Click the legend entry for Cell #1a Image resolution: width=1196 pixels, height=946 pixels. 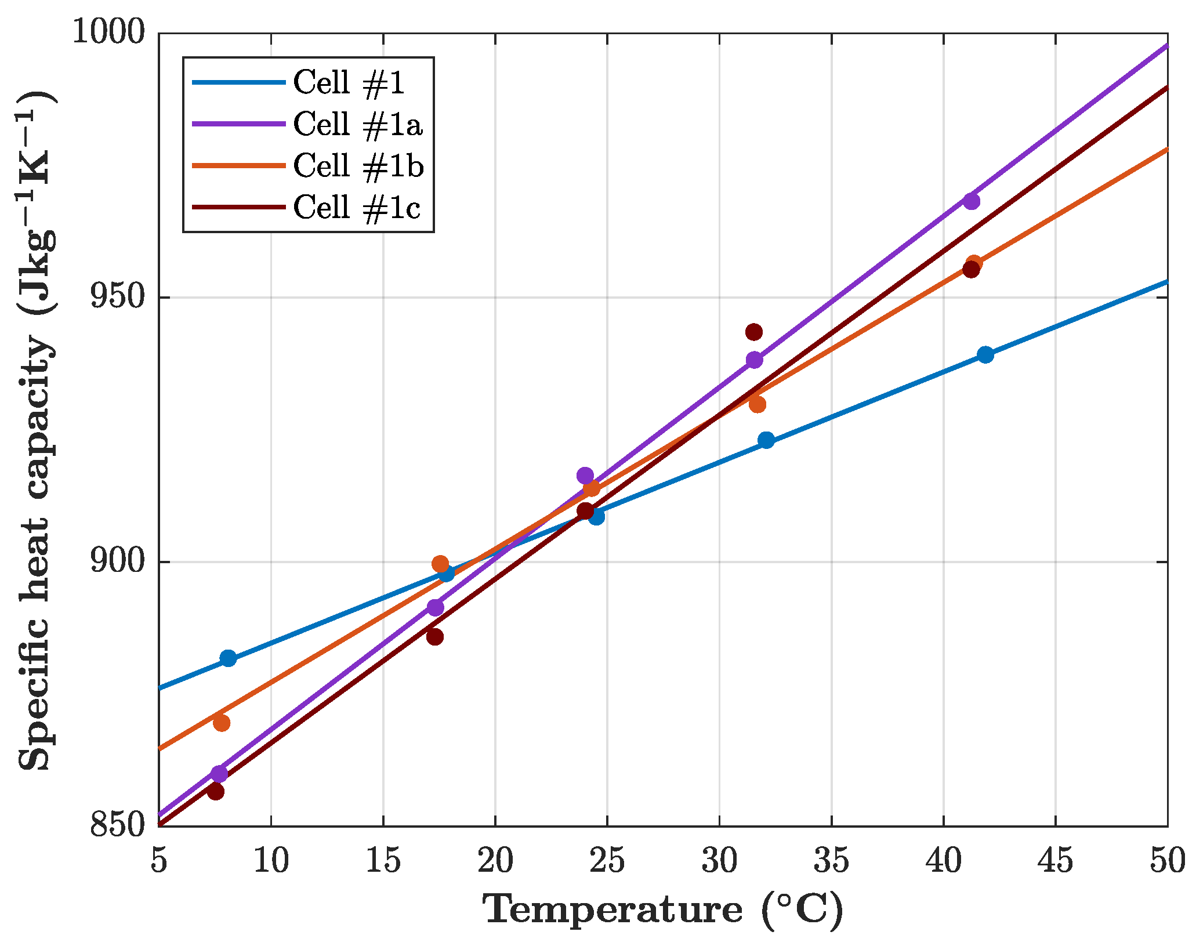(x=357, y=125)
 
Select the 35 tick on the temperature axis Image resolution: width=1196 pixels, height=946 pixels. (x=831, y=861)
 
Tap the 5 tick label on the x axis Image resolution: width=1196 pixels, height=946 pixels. (x=159, y=861)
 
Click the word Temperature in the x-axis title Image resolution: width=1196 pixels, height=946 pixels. (x=613, y=909)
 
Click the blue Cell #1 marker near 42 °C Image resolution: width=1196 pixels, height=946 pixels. (x=985, y=355)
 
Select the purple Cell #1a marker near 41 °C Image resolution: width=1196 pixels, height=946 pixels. (x=972, y=201)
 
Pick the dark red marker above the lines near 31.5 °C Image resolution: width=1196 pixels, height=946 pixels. (x=753, y=332)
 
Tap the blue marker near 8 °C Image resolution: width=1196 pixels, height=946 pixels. (x=228, y=658)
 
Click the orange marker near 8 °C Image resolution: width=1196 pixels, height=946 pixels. (x=221, y=723)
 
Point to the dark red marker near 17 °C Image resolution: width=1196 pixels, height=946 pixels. (x=434, y=637)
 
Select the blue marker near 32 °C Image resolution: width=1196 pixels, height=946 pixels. (x=766, y=440)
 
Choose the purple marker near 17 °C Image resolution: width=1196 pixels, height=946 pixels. (x=435, y=607)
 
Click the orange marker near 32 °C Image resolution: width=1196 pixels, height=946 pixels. (x=757, y=404)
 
